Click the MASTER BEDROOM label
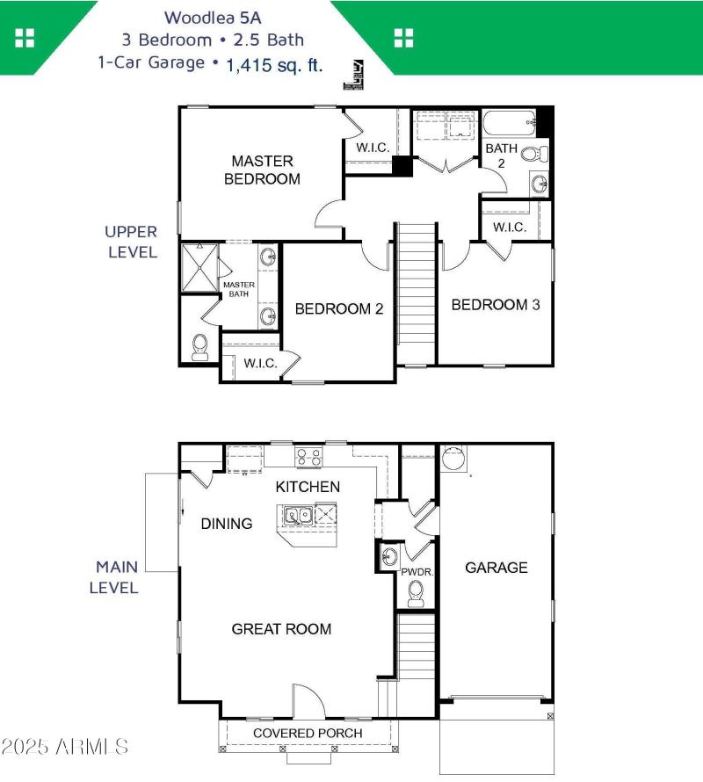pos(262,170)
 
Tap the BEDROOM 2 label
pos(338,308)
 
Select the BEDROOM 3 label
pos(496,305)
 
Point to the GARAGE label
pos(496,568)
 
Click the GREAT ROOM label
pos(281,628)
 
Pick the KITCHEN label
pos(308,487)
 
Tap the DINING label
pos(227,524)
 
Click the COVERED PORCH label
pos(308,733)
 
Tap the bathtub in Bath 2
pos(510,120)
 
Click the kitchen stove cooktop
pos(308,456)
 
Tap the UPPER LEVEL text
pos(131,242)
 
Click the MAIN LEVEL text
pos(117,576)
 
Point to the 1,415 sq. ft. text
pos(273,64)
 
